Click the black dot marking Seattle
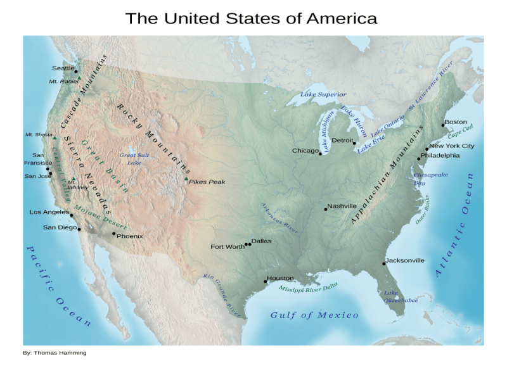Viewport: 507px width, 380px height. pyautogui.click(x=76, y=71)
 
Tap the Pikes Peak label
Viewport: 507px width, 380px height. pyautogui.click(x=207, y=182)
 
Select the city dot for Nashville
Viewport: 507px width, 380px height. pyautogui.click(x=326, y=209)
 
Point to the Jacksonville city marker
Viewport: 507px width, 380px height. pyautogui.click(x=384, y=263)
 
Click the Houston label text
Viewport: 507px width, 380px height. pyautogui.click(x=280, y=278)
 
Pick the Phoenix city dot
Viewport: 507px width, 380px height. pyautogui.click(x=114, y=234)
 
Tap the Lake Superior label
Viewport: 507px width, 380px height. pyautogui.click(x=323, y=95)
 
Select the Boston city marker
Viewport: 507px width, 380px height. pyautogui.click(x=443, y=125)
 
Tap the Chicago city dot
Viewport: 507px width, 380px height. pyautogui.click(x=320, y=153)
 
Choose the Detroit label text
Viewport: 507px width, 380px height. pyautogui.click(x=342, y=140)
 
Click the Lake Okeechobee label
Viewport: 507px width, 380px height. pyautogui.click(x=400, y=296)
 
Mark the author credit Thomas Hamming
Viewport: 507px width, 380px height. pyautogui.click(x=55, y=353)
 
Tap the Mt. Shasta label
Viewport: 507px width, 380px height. pyautogui.click(x=39, y=134)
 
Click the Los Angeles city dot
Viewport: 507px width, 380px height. pyautogui.click(x=72, y=215)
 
